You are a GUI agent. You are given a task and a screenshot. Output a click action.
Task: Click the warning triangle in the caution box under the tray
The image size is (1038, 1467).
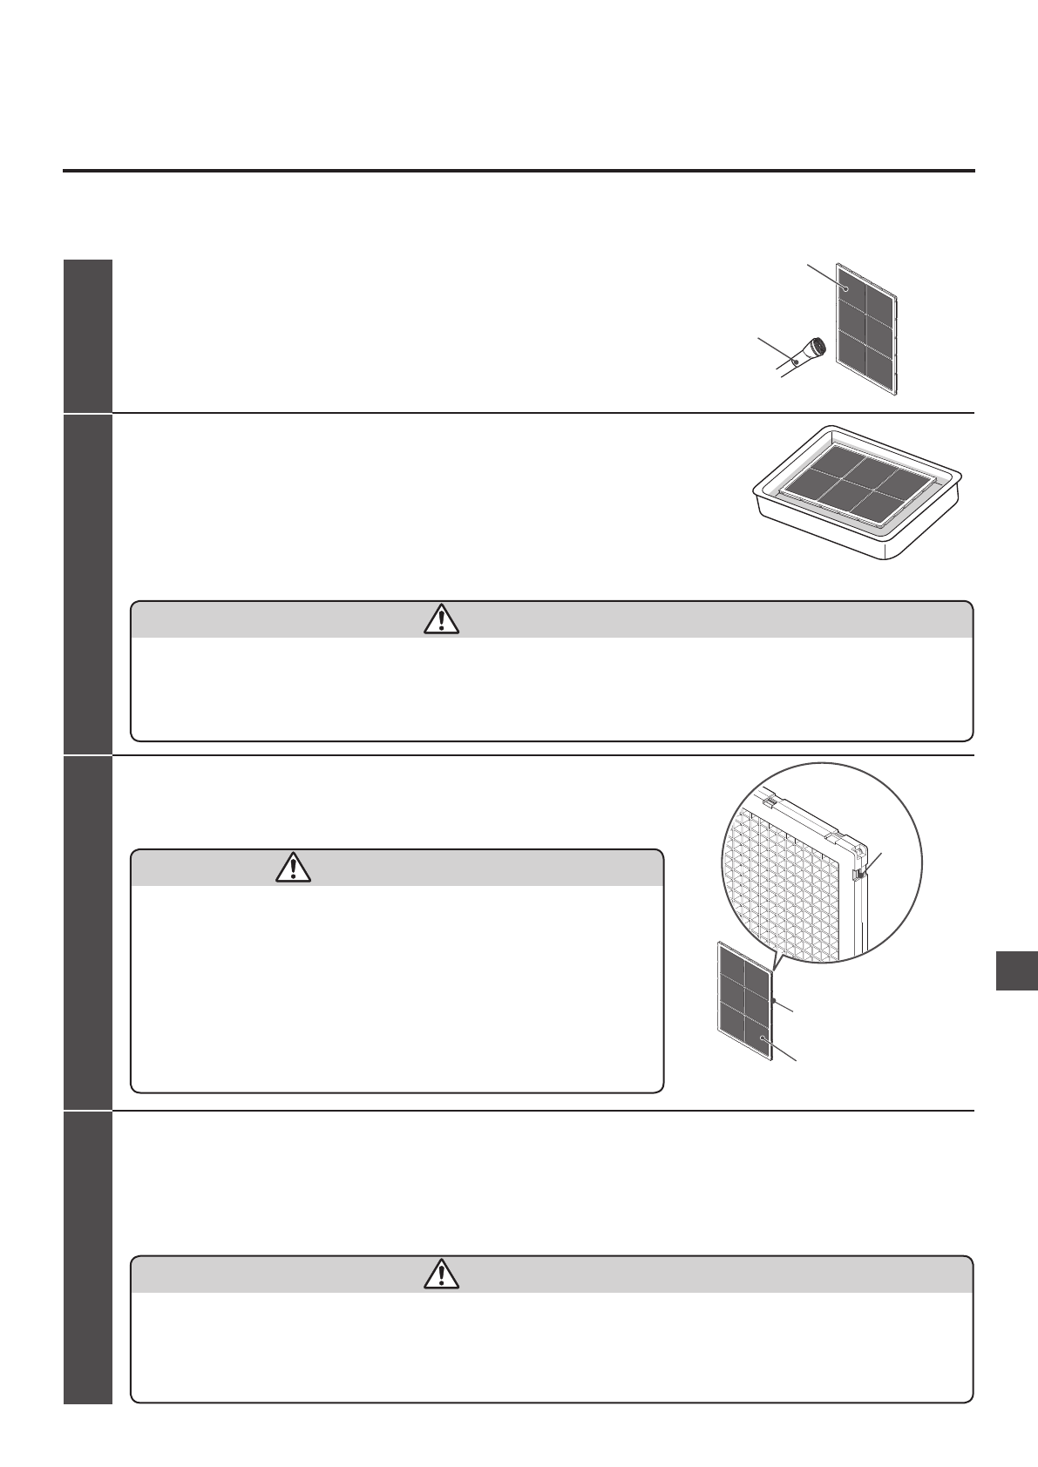pyautogui.click(x=443, y=619)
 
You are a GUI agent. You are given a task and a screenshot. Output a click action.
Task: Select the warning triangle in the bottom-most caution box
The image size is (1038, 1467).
pyautogui.click(x=443, y=1274)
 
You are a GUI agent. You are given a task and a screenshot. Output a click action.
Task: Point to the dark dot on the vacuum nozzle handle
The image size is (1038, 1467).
pyautogui.click(x=796, y=361)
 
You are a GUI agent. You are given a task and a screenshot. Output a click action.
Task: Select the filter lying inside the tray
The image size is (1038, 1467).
pyautogui.click(x=851, y=488)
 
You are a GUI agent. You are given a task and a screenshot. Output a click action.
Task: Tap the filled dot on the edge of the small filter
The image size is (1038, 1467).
pyautogui.click(x=773, y=1002)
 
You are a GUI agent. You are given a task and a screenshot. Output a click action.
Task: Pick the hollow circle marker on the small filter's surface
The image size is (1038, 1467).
pyautogui.click(x=762, y=1039)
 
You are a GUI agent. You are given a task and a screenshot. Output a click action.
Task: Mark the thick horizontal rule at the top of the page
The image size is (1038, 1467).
pyautogui.click(x=519, y=171)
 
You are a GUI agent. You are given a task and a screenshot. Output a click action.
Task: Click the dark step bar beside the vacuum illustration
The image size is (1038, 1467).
pyautogui.click(x=88, y=335)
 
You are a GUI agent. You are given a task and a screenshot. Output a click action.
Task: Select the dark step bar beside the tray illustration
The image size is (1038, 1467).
pyautogui.click(x=88, y=584)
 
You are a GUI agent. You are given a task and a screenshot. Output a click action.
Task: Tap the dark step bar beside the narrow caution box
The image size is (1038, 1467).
pyautogui.click(x=88, y=932)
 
